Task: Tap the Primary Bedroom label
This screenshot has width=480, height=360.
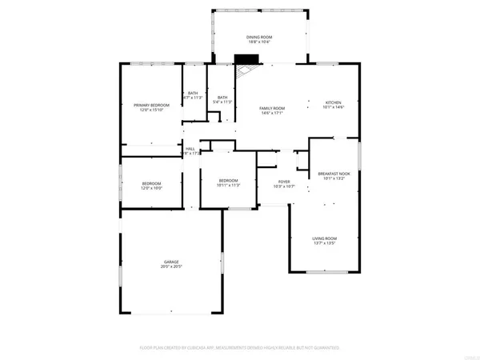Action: (151, 106)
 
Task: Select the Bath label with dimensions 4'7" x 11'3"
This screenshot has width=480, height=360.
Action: (193, 94)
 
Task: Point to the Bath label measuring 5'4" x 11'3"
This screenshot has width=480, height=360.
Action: (222, 98)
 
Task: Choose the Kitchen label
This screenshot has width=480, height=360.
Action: (333, 102)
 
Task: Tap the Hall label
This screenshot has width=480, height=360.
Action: (190, 148)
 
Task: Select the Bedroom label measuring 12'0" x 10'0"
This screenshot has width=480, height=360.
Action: (151, 184)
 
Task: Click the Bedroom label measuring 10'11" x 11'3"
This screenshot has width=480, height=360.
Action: (229, 181)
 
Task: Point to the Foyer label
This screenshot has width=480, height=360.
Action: (284, 182)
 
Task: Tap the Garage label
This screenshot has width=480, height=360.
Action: (171, 262)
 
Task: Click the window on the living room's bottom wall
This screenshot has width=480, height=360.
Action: (328, 273)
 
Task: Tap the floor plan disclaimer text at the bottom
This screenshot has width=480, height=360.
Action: (240, 348)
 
